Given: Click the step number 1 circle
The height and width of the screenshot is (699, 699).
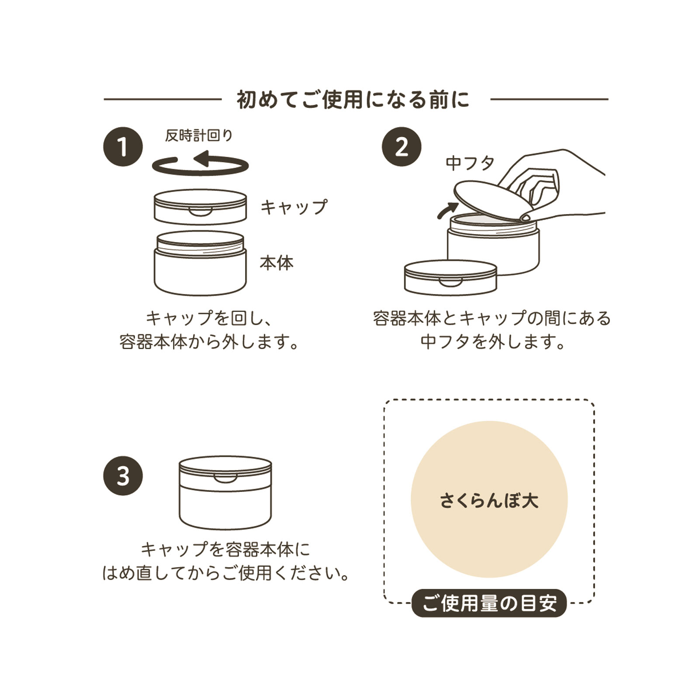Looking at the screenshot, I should pos(123,146).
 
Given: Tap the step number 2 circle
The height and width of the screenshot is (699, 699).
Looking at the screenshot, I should pos(401,146).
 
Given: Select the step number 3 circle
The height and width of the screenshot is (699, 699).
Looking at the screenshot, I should pos(123,475).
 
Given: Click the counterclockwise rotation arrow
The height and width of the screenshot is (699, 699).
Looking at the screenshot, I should pos(200,165).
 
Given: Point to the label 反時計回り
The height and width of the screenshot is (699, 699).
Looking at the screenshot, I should pos(199,135).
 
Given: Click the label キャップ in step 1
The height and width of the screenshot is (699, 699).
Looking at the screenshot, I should pos(294,207).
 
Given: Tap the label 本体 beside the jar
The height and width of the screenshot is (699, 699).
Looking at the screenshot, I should pos(277,263).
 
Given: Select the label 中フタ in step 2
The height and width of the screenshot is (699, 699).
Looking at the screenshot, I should pos(470,163).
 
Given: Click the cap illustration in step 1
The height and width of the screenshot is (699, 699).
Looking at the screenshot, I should pos(200,207).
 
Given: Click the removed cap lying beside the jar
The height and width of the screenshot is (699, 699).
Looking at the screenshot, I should pos(450,278).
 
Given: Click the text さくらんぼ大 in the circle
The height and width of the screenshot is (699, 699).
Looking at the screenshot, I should pos(489,500).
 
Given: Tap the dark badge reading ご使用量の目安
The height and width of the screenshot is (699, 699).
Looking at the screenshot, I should pos(489,603).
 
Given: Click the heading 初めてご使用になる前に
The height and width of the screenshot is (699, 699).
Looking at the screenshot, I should pos(353,100).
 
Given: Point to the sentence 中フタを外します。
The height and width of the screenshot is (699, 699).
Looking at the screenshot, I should pos(492,342).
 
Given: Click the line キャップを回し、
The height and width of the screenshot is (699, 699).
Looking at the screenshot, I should pos(209,318).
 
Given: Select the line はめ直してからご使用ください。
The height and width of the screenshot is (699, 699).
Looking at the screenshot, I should pos(226,573).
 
